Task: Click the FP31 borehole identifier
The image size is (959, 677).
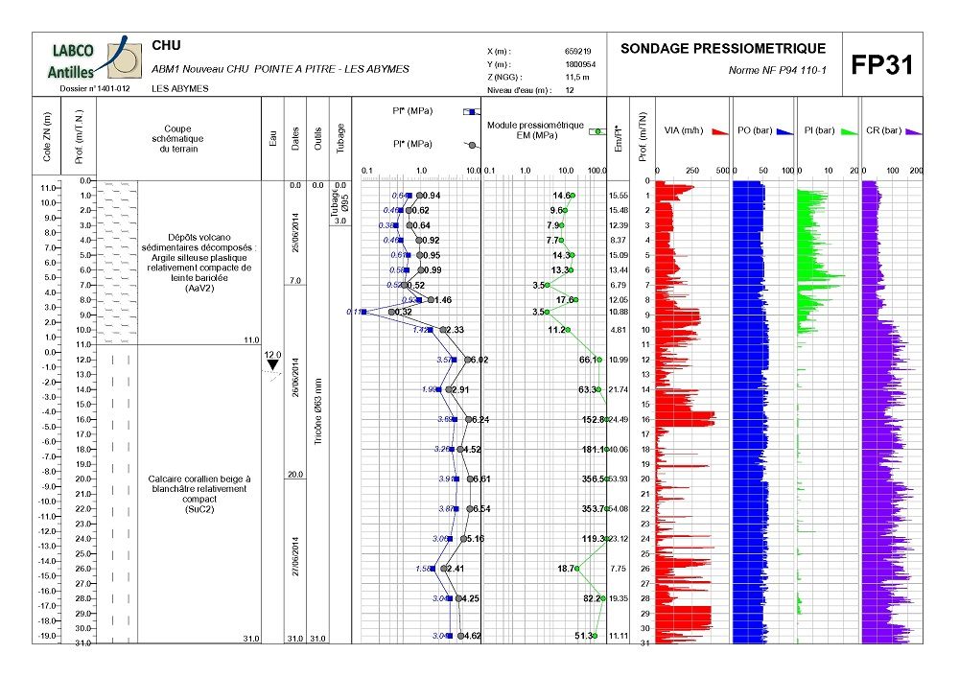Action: [882, 65]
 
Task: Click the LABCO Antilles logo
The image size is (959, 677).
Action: [87, 58]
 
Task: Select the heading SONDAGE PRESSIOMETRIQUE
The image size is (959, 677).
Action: [723, 49]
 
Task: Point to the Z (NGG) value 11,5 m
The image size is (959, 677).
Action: [576, 77]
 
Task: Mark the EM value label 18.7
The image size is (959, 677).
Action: [567, 569]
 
